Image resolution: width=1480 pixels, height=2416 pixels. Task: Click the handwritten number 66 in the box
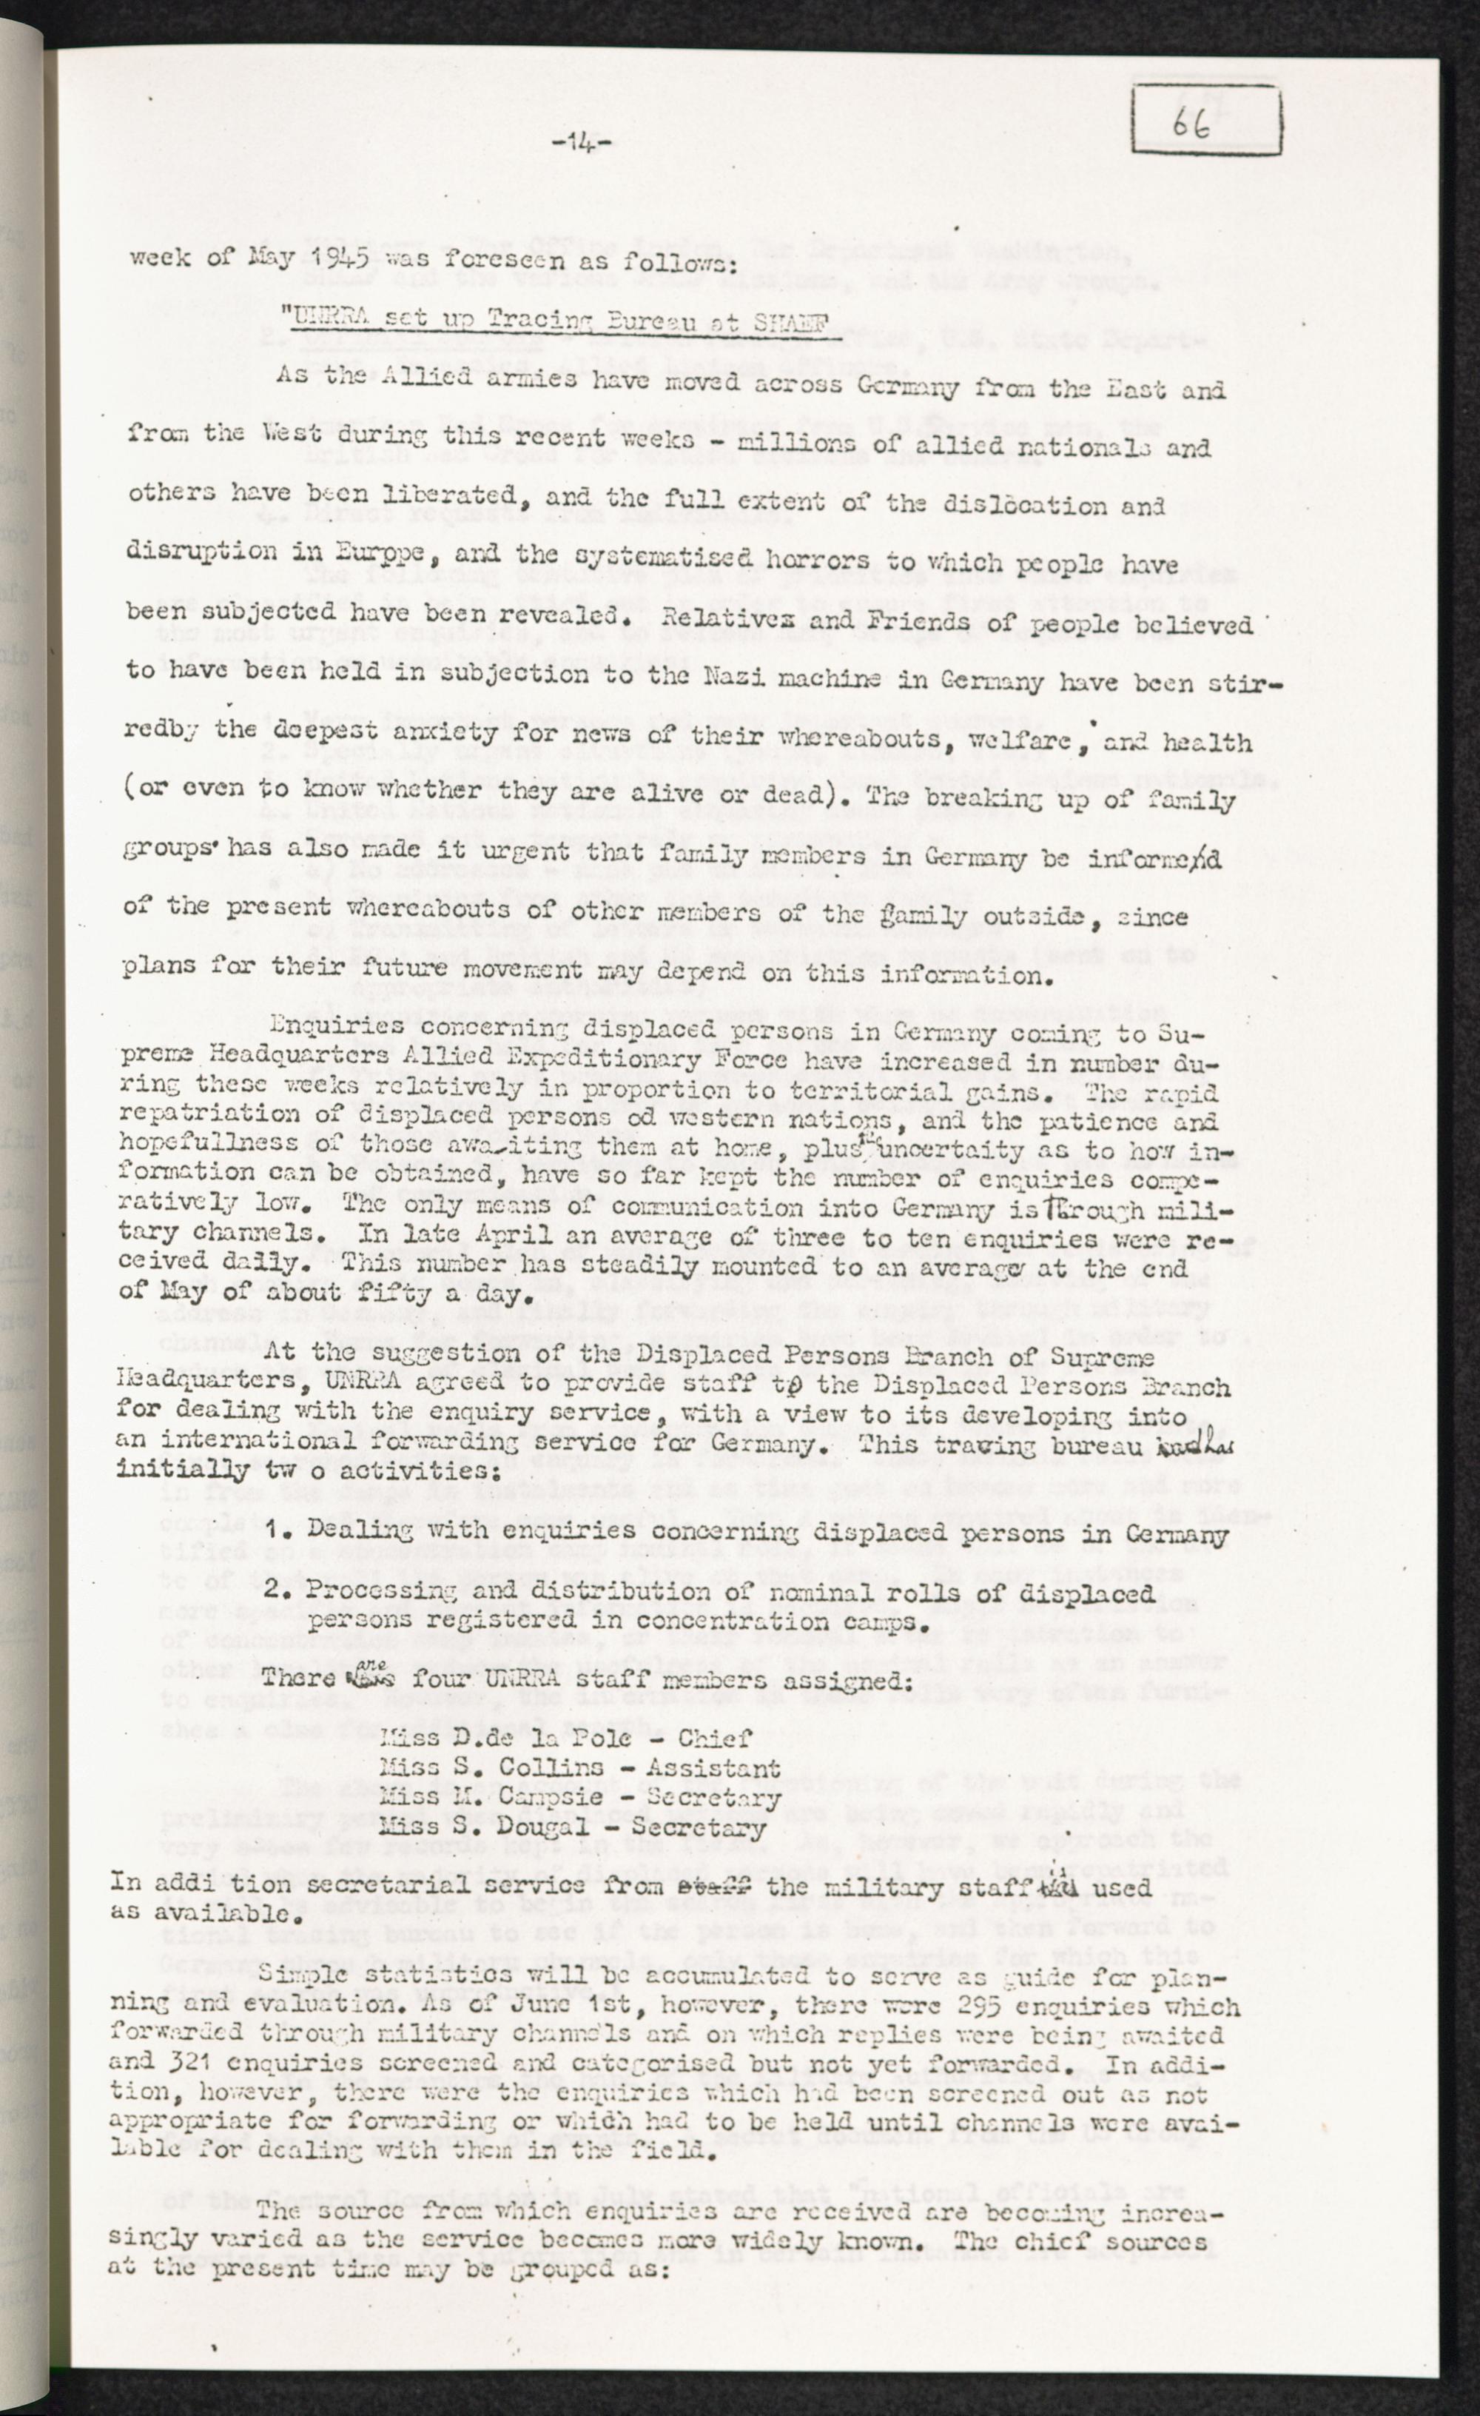coord(1194,123)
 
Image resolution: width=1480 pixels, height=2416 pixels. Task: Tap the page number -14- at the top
coord(582,145)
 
